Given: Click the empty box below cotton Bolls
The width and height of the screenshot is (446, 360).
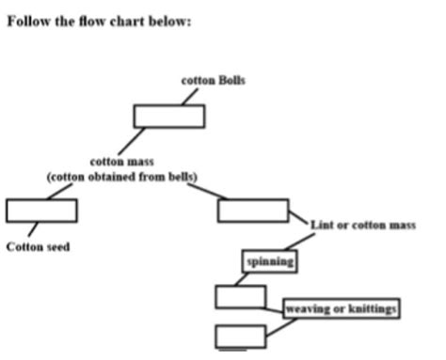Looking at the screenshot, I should pyautogui.click(x=168, y=116).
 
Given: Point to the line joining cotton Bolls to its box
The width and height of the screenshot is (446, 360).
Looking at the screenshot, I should pyautogui.click(x=190, y=96).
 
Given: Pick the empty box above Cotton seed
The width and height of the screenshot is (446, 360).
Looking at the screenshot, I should pyautogui.click(x=41, y=210).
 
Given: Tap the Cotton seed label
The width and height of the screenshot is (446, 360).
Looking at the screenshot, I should pyautogui.click(x=38, y=247).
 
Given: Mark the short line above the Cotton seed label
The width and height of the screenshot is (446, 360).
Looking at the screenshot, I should pyautogui.click(x=34, y=228).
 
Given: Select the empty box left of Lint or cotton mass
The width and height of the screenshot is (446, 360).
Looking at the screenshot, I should pyautogui.click(x=252, y=210).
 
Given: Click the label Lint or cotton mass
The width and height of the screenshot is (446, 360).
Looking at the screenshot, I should pyautogui.click(x=363, y=226).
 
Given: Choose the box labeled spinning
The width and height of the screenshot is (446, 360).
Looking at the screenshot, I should pyautogui.click(x=270, y=261).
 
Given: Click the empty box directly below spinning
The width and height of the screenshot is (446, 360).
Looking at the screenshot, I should pyautogui.click(x=240, y=296).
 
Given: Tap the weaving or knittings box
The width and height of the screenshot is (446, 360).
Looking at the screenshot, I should pyautogui.click(x=341, y=308).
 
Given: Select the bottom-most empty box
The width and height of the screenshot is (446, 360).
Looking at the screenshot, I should pyautogui.click(x=240, y=336).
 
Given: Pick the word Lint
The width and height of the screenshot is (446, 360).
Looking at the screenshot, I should pyautogui.click(x=322, y=226).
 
